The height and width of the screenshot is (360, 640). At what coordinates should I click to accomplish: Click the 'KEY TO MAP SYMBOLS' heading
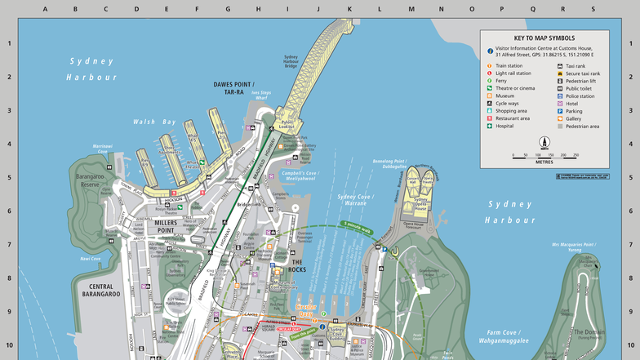(544, 38)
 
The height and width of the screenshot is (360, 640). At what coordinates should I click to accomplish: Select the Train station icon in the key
(490, 65)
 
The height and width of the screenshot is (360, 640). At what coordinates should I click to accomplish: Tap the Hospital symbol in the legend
(490, 126)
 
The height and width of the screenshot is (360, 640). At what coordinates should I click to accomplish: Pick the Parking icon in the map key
(560, 111)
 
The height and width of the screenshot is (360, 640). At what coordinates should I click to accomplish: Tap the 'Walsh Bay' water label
(155, 122)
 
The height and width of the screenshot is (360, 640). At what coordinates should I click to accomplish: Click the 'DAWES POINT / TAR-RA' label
(234, 88)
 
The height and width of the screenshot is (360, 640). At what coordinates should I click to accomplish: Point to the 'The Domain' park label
(589, 332)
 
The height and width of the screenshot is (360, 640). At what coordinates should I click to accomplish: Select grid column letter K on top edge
(349, 9)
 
